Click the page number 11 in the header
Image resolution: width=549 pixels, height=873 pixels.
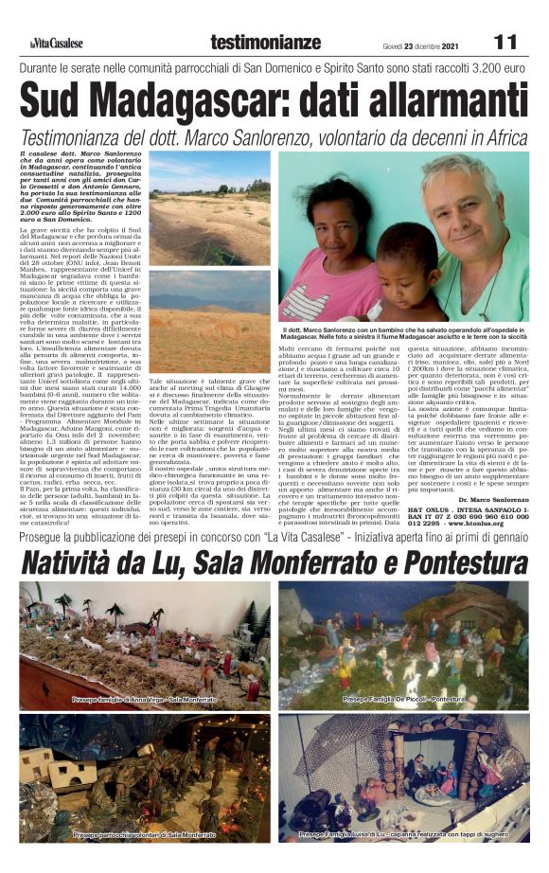click(x=505, y=43)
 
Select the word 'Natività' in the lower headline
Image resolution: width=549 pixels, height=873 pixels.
click(x=75, y=563)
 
